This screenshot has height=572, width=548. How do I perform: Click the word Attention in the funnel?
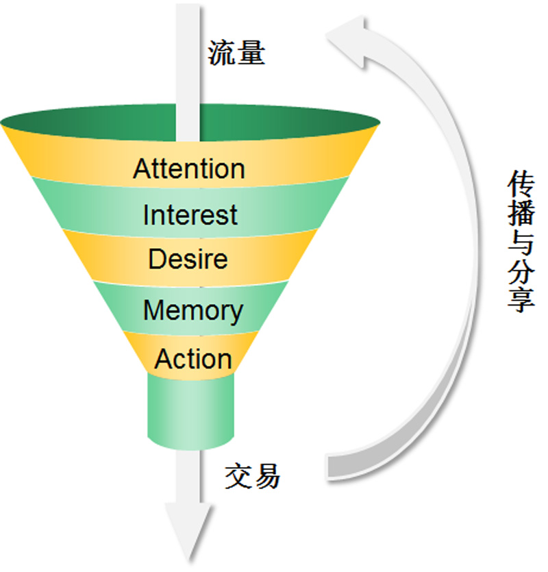189,169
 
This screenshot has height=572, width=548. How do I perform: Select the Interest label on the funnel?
190,215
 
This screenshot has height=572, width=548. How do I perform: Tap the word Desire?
188,260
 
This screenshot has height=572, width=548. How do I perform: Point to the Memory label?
192,311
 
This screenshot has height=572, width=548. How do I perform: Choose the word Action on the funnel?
193,359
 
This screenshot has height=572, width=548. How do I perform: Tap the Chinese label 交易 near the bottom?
252,475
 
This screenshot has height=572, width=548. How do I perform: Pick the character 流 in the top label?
222,53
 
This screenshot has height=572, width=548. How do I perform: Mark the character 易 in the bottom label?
266,475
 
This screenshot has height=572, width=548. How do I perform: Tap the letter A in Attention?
141,169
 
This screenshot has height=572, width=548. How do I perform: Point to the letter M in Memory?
153,311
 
